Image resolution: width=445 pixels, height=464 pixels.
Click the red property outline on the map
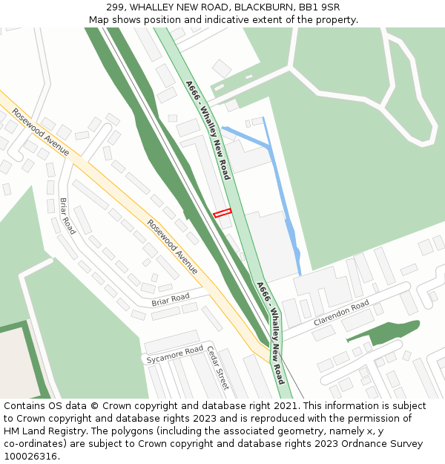click(x=222, y=213)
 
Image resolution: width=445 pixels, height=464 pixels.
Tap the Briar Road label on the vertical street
click(x=67, y=216)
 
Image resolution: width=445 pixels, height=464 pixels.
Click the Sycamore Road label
click(x=174, y=354)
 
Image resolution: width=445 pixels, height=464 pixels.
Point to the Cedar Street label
click(x=218, y=367)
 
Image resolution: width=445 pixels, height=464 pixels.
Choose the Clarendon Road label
click(x=340, y=313)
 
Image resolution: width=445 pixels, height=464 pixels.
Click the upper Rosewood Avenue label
click(x=41, y=132)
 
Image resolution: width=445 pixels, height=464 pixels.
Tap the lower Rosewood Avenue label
click(x=172, y=246)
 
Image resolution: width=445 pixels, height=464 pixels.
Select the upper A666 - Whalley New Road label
click(x=208, y=130)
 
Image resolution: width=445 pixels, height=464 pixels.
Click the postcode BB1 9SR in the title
click(x=319, y=7)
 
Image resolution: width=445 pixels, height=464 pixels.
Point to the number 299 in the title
click(x=116, y=7)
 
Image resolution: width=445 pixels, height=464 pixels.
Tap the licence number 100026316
click(x=30, y=456)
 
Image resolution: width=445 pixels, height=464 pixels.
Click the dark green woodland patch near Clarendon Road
click(x=386, y=331)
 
